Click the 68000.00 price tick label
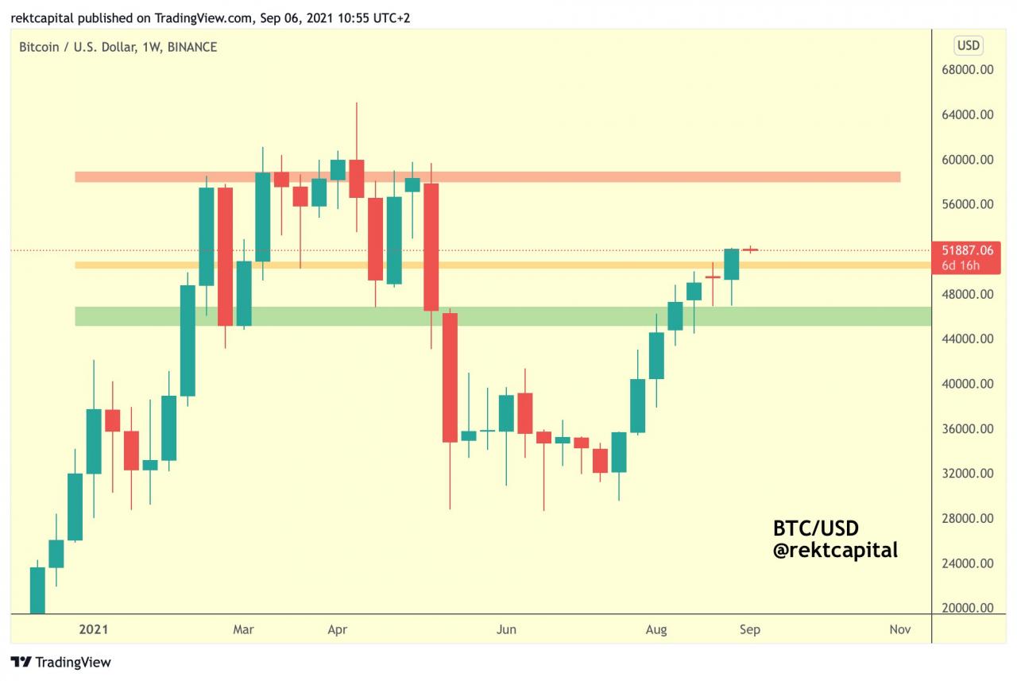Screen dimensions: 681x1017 coord(968,70)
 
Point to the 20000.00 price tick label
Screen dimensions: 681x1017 coord(968,609)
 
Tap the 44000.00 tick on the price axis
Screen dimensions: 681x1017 coord(968,339)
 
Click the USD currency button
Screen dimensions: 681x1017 coord(968,45)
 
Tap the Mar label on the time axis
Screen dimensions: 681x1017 coord(243,630)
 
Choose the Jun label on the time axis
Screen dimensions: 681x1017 coord(506,630)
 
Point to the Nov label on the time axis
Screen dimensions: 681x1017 coord(899,630)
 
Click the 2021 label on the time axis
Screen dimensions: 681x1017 coord(93,630)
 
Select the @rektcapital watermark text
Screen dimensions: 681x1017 coord(835,549)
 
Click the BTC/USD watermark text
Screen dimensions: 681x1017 coord(816,528)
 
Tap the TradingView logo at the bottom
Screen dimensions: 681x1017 coord(61,662)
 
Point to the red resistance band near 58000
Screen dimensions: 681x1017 coord(487,176)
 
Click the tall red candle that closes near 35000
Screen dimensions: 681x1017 coord(450,377)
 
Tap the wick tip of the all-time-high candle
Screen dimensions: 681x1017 coord(357,103)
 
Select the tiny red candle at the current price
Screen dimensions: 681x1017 coord(750,250)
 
